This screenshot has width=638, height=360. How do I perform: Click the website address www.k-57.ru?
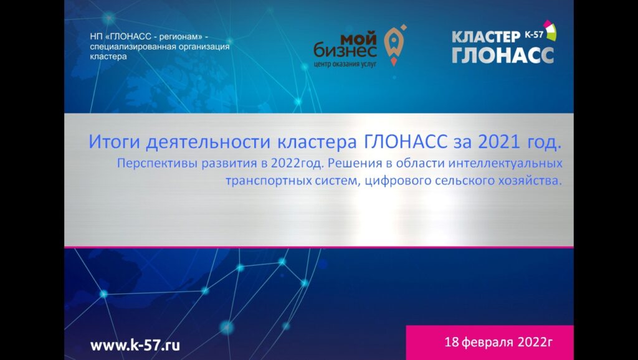[x=135, y=345]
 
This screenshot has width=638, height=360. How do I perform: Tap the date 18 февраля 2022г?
[x=499, y=343]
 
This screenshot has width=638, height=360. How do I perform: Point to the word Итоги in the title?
[x=115, y=143]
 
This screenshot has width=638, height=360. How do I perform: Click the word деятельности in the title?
[x=208, y=143]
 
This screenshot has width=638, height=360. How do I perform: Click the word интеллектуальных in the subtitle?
[x=505, y=164]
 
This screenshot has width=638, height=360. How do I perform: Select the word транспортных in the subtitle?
[x=269, y=181]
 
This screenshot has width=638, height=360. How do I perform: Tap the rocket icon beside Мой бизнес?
[x=394, y=45]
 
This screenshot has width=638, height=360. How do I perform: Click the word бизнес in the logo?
[x=345, y=51]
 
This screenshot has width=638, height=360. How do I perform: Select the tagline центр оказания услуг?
[x=345, y=64]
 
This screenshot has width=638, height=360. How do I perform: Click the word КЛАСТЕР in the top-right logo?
[x=486, y=37]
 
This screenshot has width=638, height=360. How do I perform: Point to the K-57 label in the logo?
[x=534, y=35]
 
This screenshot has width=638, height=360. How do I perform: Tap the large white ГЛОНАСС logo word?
[x=503, y=55]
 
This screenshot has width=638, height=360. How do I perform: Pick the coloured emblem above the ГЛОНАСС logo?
[x=550, y=30]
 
